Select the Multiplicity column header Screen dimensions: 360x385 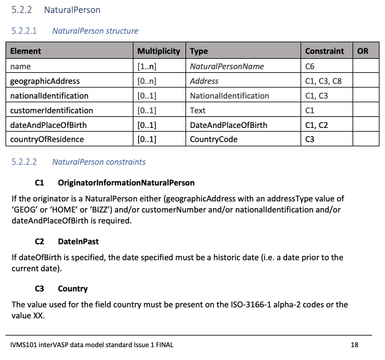(x=159, y=51)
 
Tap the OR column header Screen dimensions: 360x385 (x=362, y=51)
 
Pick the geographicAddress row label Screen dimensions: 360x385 (x=45, y=81)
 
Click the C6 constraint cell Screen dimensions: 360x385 (x=310, y=66)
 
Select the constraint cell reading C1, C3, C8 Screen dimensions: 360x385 (x=323, y=81)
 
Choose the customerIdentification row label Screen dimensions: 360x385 (x=52, y=110)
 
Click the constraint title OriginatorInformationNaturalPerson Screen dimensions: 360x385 (x=126, y=183)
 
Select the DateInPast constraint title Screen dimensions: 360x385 (x=78, y=242)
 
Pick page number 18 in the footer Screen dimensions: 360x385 (x=354, y=345)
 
